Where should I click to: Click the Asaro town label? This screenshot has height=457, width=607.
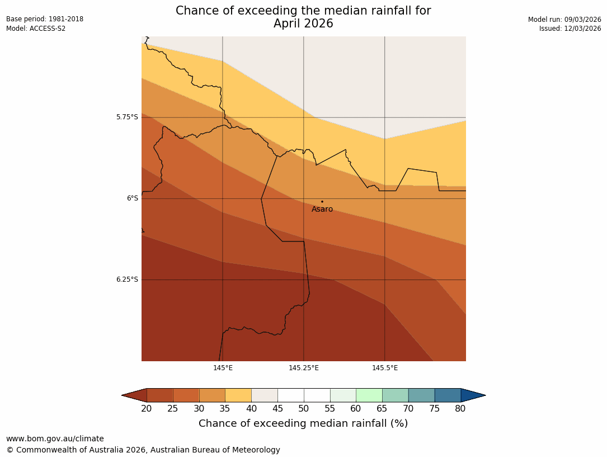[x=322, y=209]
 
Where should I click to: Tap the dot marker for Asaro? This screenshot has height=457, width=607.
[x=322, y=202]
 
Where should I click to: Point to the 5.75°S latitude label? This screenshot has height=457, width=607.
[x=127, y=117]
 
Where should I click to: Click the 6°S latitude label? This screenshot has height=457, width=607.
[x=132, y=198]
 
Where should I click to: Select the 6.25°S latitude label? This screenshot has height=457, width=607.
[x=127, y=279]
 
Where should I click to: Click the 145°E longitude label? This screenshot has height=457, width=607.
[x=223, y=368]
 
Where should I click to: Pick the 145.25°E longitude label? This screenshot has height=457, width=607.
[x=304, y=368]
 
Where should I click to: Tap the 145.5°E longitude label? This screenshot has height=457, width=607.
[x=385, y=368]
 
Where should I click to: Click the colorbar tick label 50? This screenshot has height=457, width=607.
[x=304, y=409]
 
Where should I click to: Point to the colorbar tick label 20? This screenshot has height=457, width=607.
[x=147, y=409]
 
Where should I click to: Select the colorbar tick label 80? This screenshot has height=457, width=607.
[x=460, y=409]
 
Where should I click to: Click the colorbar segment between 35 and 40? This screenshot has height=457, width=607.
[x=238, y=395]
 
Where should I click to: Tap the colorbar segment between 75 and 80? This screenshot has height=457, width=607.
[x=448, y=395]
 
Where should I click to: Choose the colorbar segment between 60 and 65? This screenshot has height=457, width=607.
[x=369, y=395]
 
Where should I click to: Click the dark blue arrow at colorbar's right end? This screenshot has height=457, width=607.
[x=472, y=395]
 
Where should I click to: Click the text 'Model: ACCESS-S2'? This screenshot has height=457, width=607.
[x=36, y=29]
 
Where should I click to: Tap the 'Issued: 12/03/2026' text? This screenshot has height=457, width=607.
[x=570, y=29]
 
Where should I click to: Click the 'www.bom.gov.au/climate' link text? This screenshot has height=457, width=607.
[x=55, y=439]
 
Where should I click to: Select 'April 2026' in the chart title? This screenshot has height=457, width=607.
[x=303, y=24]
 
